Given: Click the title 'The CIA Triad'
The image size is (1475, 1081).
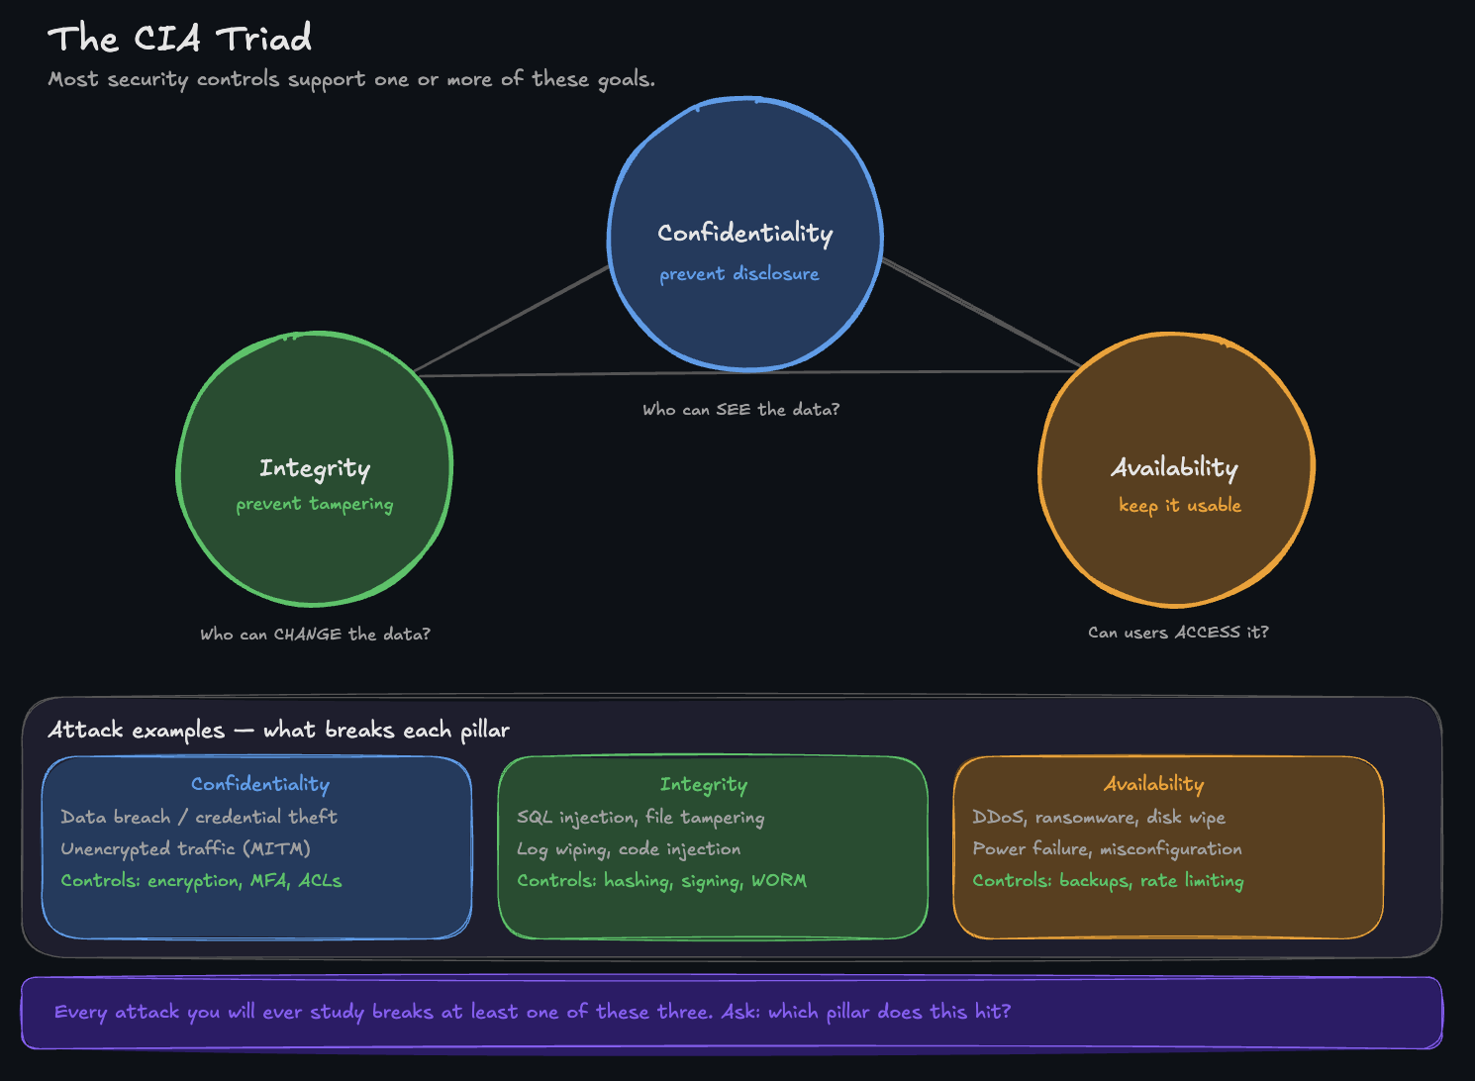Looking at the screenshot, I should coord(179,39).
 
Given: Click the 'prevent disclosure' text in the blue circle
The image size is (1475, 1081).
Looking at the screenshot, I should coord(739,274).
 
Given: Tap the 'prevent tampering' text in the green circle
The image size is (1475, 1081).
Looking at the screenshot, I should coord(314,504).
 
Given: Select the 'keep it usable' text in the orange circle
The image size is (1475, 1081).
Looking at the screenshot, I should coord(1179,505).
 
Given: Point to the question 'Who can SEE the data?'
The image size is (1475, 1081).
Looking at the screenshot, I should coord(740,410).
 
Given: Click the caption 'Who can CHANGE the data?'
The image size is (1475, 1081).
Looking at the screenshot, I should coord(315,634).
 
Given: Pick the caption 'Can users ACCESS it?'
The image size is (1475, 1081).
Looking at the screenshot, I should coord(1178,633).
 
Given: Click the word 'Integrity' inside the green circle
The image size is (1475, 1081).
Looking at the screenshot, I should coord(315,467).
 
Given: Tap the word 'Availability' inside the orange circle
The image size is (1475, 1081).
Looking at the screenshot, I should coord(1175,467).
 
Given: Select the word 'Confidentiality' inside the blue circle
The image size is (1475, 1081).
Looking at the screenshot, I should coord(744,233).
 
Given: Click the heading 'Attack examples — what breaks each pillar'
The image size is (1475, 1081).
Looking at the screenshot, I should coord(278,731).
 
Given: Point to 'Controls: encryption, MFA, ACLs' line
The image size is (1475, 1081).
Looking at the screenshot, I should coord(201,881).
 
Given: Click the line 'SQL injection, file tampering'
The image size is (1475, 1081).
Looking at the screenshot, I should coord(640,818).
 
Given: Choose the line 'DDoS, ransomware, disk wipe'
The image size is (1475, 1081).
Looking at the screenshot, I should coord(1099,818).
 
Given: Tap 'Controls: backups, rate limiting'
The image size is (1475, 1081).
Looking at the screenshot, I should coord(1108,881).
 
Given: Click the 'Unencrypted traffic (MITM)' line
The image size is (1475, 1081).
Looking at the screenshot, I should coord(185,849).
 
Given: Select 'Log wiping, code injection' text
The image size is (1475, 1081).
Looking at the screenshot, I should coord(629,849).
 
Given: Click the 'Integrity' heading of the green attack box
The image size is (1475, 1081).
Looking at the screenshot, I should coord(704,785).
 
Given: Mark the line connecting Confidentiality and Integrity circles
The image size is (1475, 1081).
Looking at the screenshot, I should coord(513,320).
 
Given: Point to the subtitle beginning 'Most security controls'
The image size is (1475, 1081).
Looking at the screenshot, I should coord(351,79).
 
